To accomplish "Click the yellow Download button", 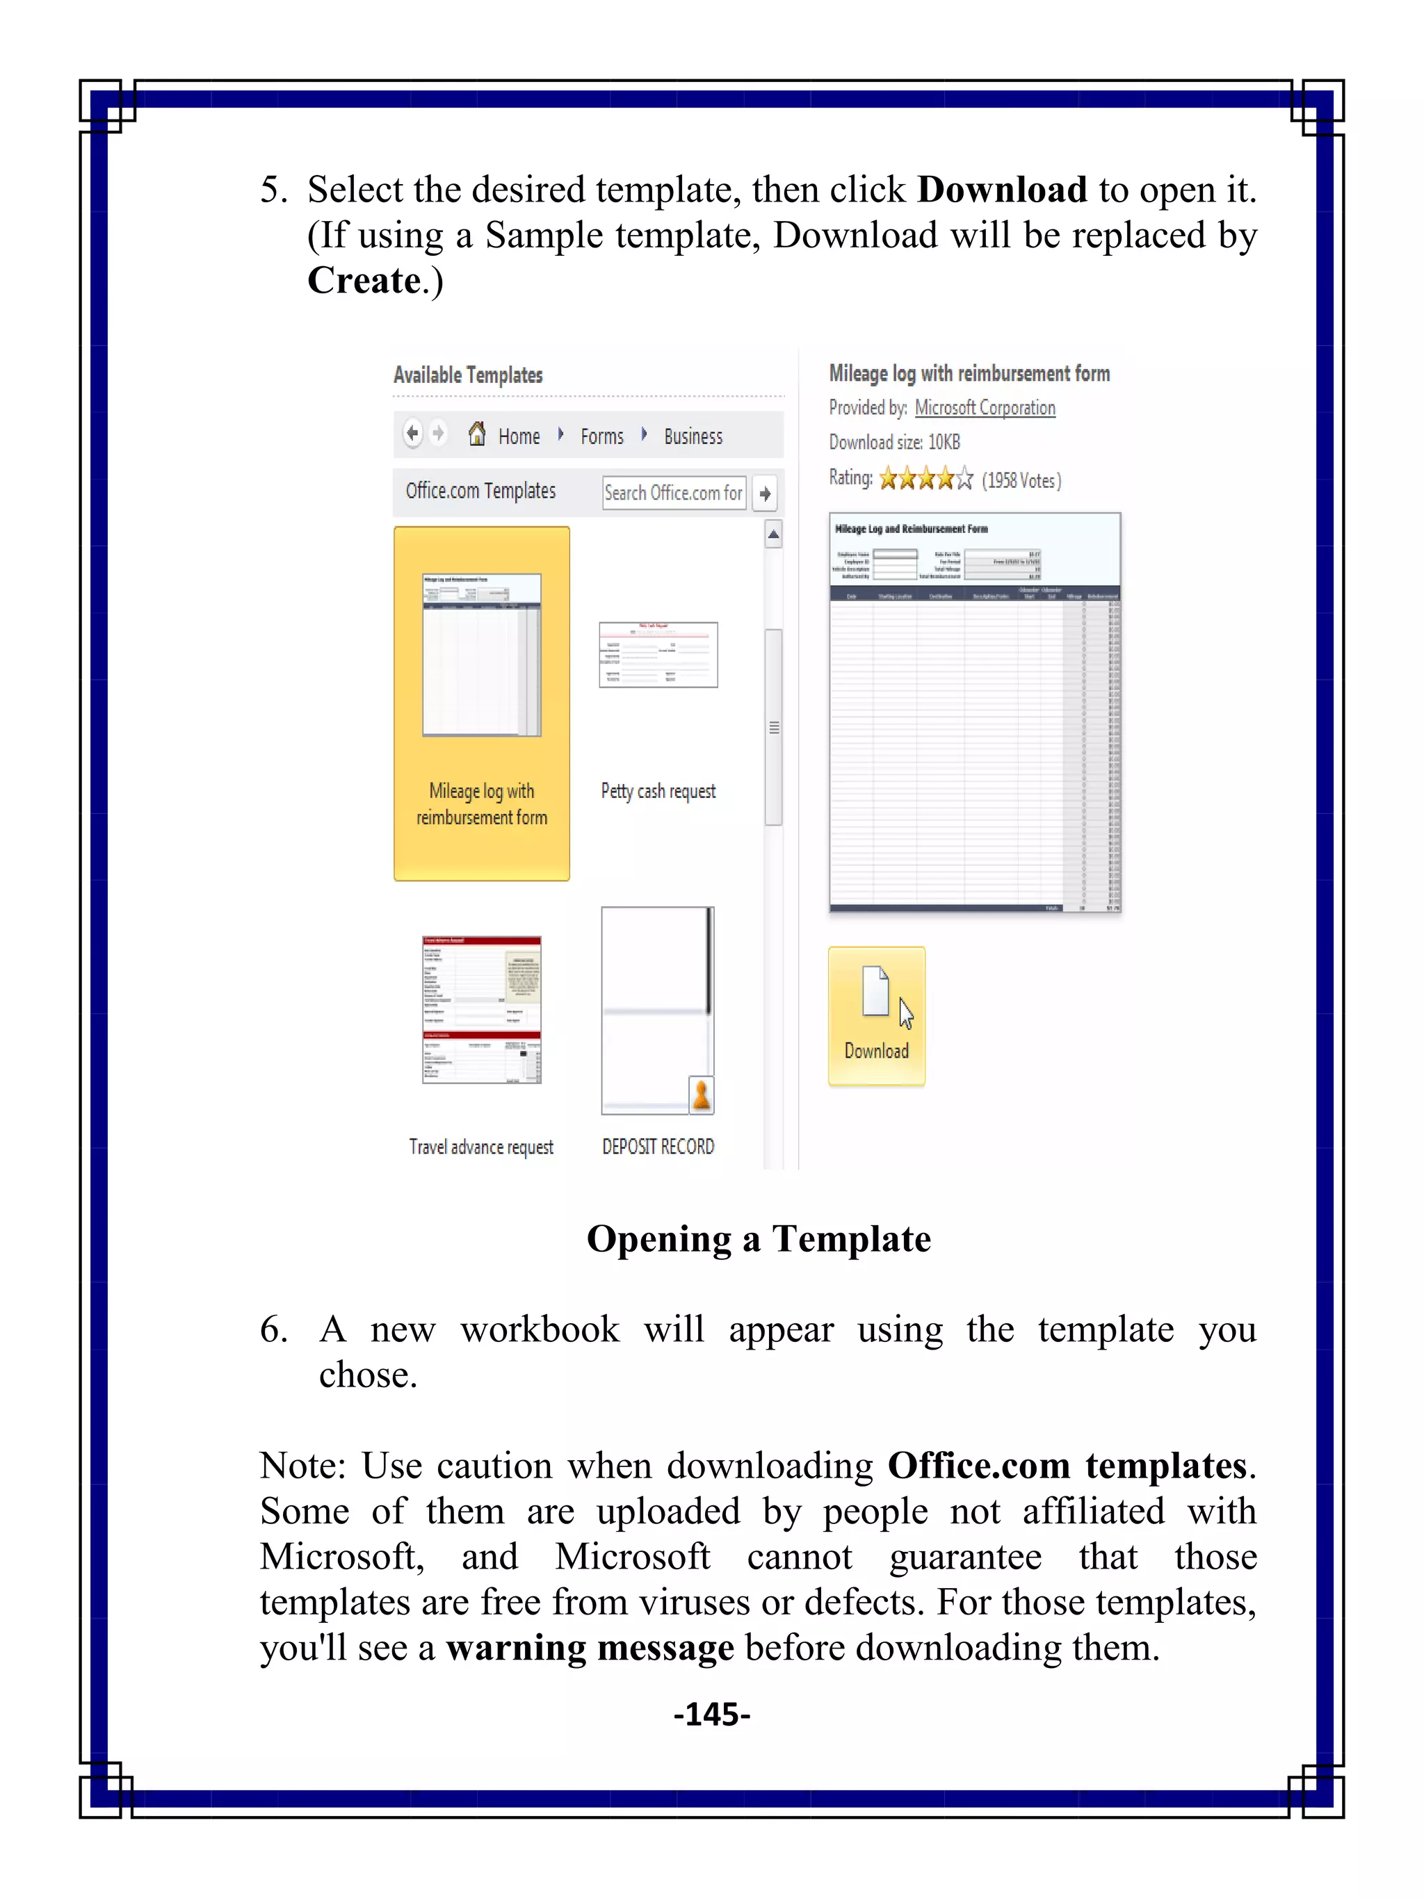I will (x=875, y=1016).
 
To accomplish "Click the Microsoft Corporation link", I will (x=985, y=407).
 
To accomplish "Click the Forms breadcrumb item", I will (x=601, y=436).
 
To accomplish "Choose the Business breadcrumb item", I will (x=693, y=436).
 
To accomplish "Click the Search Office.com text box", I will (x=673, y=493).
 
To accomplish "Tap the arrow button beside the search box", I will (x=765, y=493).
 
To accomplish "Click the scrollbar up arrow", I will (x=773, y=534).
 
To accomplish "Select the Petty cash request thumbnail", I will (x=658, y=655).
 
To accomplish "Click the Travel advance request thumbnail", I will (x=482, y=1010).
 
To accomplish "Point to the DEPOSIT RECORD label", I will (x=658, y=1146).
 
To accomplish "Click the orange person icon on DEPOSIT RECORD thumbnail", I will (x=702, y=1095).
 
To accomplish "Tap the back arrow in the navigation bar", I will (x=413, y=433).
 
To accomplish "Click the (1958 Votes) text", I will (x=1021, y=480).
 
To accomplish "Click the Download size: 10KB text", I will (x=893, y=442).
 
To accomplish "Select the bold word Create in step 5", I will (x=364, y=281).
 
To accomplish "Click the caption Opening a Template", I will (x=758, y=1239).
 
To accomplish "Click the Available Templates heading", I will (x=468, y=375).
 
